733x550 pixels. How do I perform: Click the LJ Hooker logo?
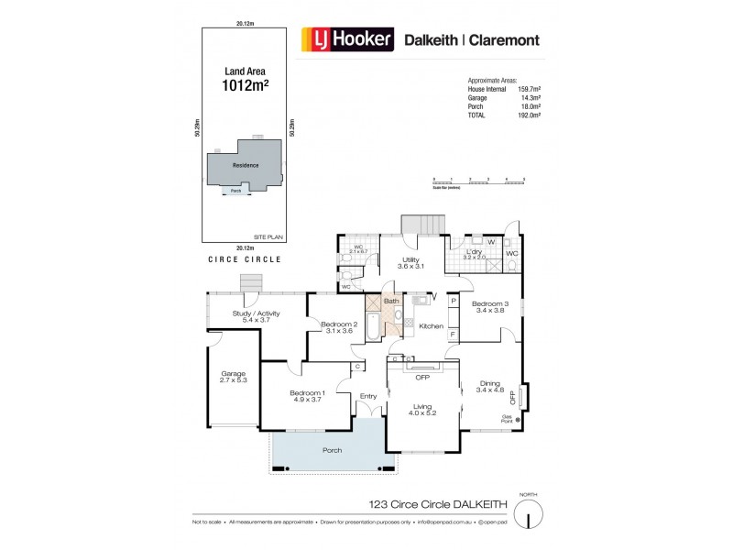point(348,39)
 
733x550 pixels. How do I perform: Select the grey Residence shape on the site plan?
point(244,165)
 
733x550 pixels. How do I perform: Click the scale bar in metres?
point(477,181)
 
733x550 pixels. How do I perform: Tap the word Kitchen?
point(432,326)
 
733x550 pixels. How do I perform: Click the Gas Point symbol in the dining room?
point(518,420)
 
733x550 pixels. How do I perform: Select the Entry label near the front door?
point(368,396)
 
